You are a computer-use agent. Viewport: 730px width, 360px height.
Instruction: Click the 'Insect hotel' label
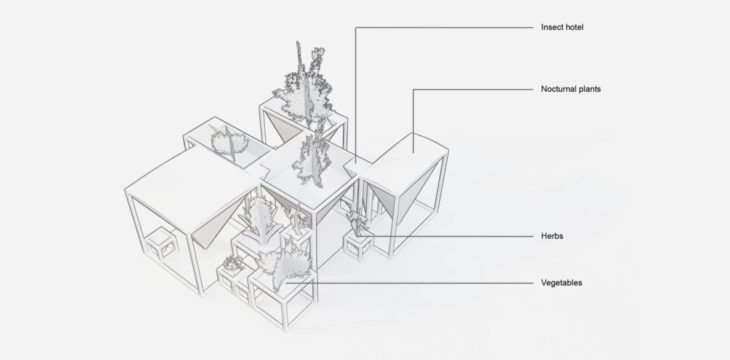tap(562, 27)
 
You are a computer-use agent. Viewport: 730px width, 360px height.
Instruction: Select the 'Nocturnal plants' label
tap(571, 89)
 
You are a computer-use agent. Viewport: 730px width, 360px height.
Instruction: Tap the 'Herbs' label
tap(552, 236)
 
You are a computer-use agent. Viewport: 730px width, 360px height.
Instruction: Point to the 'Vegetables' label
tap(561, 283)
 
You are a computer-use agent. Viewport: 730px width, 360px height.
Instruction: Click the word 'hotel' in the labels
tap(574, 27)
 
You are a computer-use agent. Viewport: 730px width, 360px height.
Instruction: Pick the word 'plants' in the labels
tap(589, 89)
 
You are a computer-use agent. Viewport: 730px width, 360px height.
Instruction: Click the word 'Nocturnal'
tap(558, 89)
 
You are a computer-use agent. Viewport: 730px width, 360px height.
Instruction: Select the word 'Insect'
tap(552, 27)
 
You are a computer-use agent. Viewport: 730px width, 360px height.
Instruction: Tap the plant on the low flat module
tap(230, 142)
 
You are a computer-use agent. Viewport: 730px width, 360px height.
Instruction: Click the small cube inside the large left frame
tap(161, 244)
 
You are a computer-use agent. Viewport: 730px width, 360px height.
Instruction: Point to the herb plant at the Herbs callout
tap(358, 223)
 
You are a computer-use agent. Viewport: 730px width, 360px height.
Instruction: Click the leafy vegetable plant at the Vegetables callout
tap(290, 268)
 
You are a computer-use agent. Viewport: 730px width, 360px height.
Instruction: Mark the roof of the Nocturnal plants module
tap(405, 161)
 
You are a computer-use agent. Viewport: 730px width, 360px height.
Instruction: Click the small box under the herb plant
tap(358, 245)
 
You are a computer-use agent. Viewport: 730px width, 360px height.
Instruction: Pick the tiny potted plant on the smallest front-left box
tap(233, 264)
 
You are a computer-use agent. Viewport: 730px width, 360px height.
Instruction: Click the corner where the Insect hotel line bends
tap(356, 27)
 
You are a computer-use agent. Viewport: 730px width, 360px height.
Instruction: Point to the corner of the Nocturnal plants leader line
tap(413, 89)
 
